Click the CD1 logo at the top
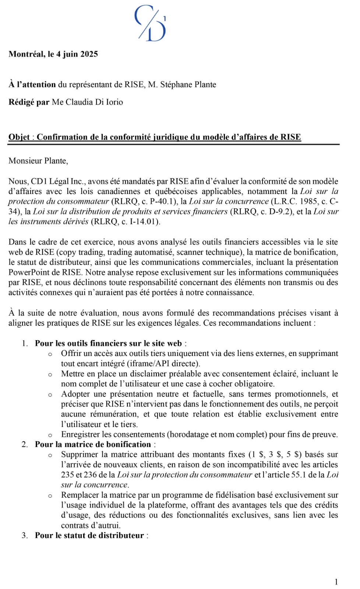[x=150, y=23]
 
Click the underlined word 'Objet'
[x=19, y=137]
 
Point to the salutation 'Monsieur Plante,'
[x=38, y=161]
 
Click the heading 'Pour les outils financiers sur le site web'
[x=108, y=343]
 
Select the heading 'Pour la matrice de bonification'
[x=93, y=444]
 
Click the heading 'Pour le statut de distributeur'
[x=89, y=535]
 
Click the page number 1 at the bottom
[x=336, y=582]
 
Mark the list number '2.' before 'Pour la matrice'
[x=25, y=444]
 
